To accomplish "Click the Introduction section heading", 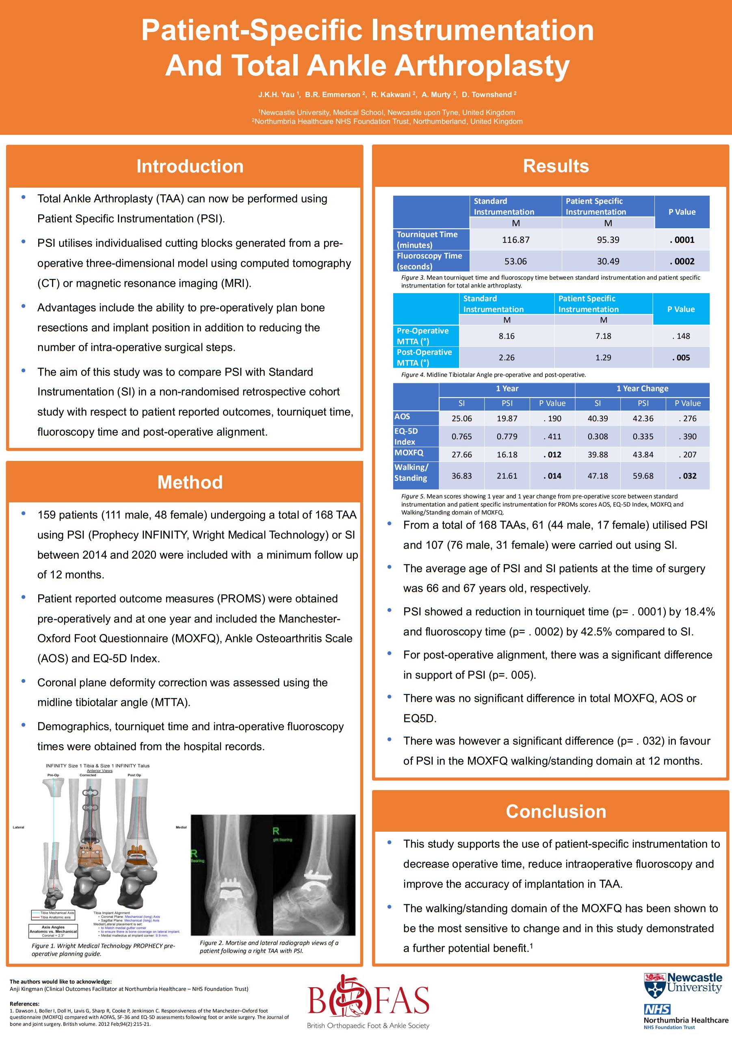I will (190, 167).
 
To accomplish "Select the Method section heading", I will (190, 482).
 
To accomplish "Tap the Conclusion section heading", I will (556, 811).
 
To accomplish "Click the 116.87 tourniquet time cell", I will (515, 240).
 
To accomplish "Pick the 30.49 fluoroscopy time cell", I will (608, 261).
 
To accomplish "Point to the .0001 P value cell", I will (682, 240).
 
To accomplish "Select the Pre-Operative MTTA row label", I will (422, 336).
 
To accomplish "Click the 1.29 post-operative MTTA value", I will (603, 358).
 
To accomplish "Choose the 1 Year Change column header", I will (642, 389).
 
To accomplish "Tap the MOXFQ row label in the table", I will (409, 452).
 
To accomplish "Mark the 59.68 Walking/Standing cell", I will (643, 476).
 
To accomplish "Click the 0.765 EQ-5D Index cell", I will (461, 437).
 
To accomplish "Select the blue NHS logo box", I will (657, 1009).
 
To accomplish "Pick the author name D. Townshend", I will (487, 95).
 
